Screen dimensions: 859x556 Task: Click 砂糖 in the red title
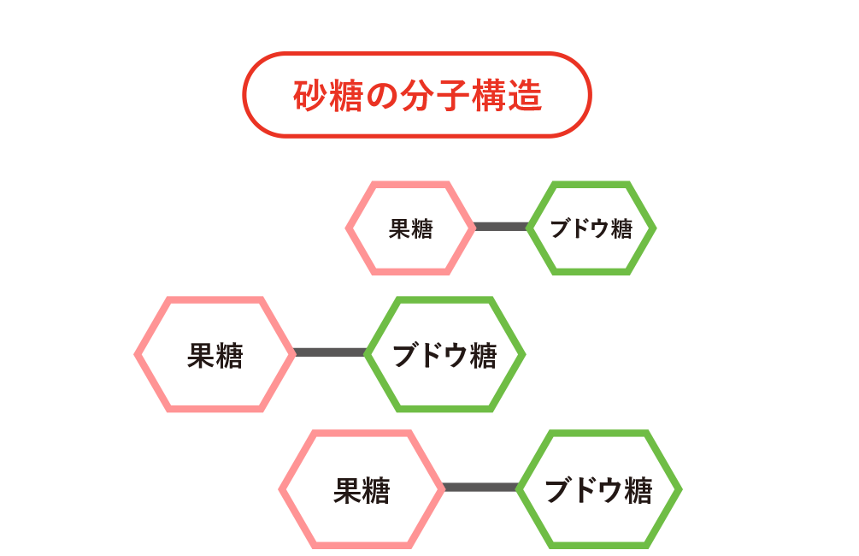click(x=328, y=96)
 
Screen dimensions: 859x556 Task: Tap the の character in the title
click(x=382, y=96)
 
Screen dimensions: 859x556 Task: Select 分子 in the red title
click(x=434, y=96)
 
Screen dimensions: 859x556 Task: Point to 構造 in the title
click(x=507, y=96)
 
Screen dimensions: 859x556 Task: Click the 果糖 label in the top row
click(x=411, y=228)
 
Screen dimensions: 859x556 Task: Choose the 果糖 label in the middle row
click(x=215, y=355)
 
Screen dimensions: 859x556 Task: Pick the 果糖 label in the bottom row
click(x=362, y=490)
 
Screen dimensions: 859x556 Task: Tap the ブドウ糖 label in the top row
click(x=591, y=228)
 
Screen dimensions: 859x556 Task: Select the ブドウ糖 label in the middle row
click(x=444, y=355)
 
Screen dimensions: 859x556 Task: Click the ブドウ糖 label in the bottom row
click(x=599, y=490)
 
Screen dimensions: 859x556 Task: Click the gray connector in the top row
click(x=501, y=227)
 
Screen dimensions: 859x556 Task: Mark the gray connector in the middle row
click(x=330, y=352)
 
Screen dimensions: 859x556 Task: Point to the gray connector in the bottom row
click(x=480, y=488)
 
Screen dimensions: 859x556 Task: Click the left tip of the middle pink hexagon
click(x=134, y=354)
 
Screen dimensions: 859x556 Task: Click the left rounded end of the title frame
click(x=244, y=95)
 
